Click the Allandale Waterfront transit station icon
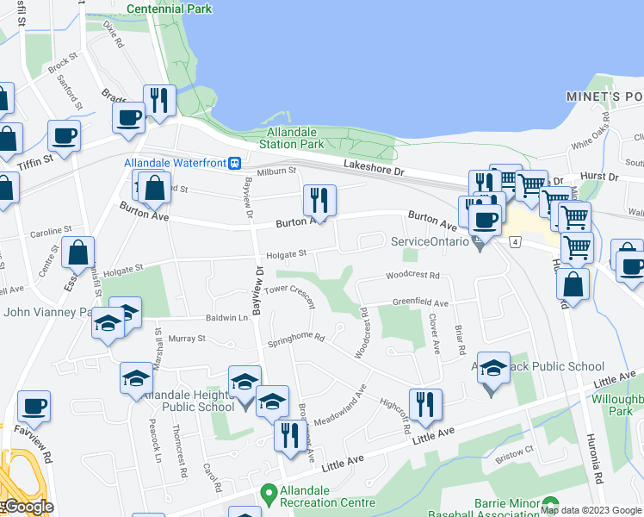(233, 163)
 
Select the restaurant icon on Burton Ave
(319, 201)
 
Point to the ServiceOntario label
(428, 241)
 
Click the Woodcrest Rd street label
(412, 276)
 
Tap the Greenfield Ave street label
(420, 303)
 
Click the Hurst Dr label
(599, 176)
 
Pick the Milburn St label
(276, 171)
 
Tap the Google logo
(28, 506)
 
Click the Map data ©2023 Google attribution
(591, 510)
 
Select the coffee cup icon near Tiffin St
(64, 135)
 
